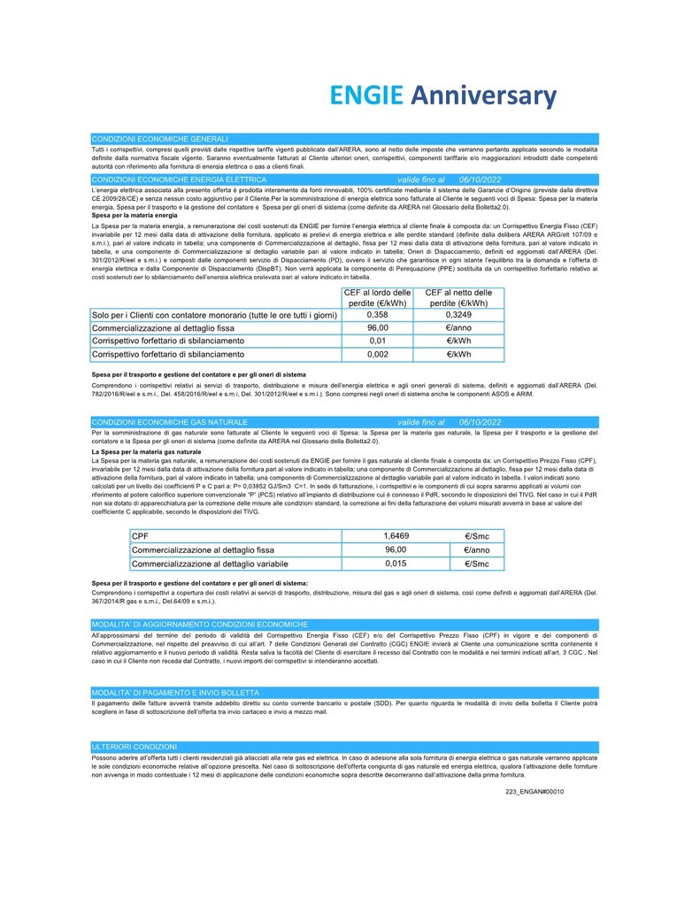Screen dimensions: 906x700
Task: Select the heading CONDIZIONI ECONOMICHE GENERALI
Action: pyautogui.click(x=159, y=139)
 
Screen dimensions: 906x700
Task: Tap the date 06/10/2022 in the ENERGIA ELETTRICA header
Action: pyautogui.click(x=483, y=180)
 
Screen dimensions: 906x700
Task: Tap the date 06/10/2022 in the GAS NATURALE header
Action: pyautogui.click(x=483, y=423)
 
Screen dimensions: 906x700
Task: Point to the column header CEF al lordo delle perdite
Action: pyautogui.click(x=377, y=298)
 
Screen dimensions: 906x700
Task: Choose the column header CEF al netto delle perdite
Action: pyautogui.click(x=458, y=298)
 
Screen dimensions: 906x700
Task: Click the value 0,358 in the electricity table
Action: pyautogui.click(x=377, y=315)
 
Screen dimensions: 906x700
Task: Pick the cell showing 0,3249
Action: pyautogui.click(x=458, y=315)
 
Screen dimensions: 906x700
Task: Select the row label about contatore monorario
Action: pyautogui.click(x=214, y=315)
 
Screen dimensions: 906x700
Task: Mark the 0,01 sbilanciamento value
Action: pyautogui.click(x=377, y=341)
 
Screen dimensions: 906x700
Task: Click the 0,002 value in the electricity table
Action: pyautogui.click(x=377, y=354)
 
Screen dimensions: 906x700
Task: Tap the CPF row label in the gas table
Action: pyautogui.click(x=140, y=536)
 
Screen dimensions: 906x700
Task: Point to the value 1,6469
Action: pyautogui.click(x=396, y=536)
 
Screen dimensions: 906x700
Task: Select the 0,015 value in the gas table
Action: pyautogui.click(x=396, y=563)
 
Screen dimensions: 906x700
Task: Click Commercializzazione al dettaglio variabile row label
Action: pyautogui.click(x=210, y=563)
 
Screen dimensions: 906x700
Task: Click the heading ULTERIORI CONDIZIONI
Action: pyautogui.click(x=135, y=747)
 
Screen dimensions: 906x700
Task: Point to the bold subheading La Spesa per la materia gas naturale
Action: pyautogui.click(x=146, y=452)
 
